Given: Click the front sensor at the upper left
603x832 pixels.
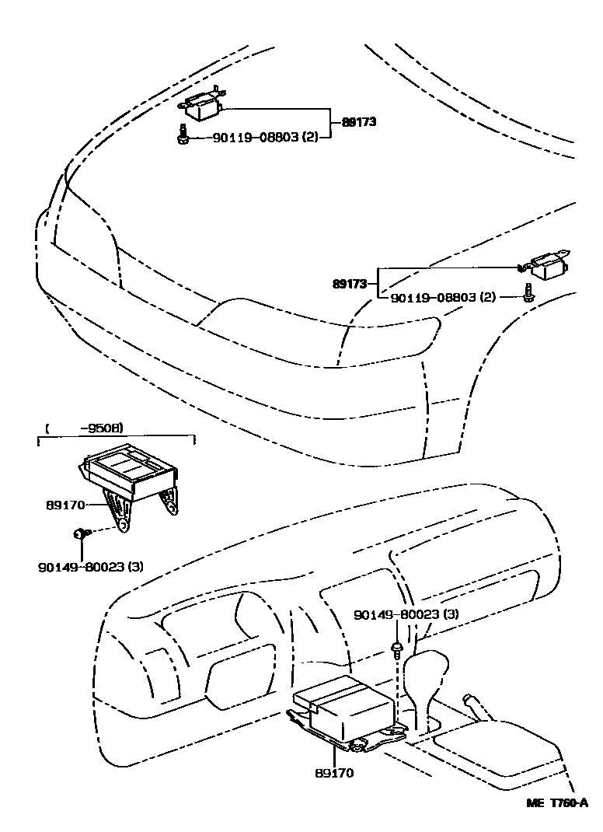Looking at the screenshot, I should pyautogui.click(x=204, y=106).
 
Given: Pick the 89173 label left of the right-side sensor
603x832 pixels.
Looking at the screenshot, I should pyautogui.click(x=349, y=284).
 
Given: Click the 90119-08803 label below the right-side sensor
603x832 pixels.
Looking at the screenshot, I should pyautogui.click(x=443, y=297).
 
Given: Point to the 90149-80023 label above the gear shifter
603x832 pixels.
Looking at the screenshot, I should pyautogui.click(x=405, y=614).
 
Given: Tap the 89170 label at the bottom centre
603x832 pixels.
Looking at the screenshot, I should pyautogui.click(x=335, y=774).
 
